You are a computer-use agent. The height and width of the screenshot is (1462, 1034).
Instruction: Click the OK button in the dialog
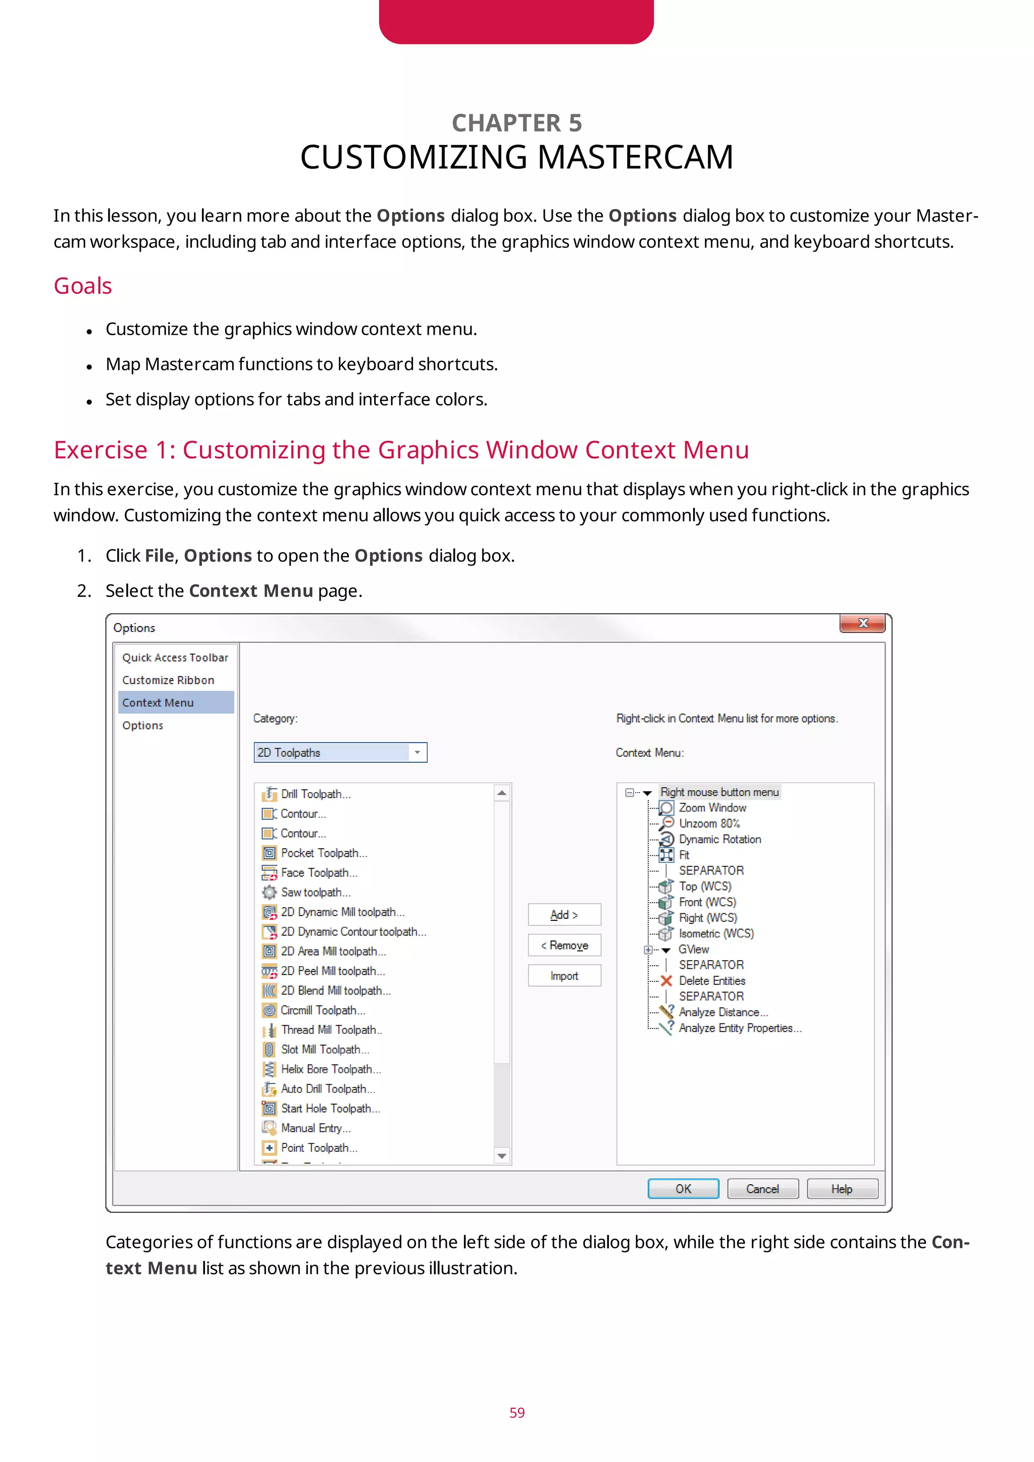click(683, 1189)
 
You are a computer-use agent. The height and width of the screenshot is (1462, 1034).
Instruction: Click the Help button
click(842, 1189)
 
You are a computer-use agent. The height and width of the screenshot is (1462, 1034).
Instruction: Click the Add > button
click(564, 914)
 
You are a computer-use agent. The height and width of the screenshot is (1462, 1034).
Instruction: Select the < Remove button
click(564, 945)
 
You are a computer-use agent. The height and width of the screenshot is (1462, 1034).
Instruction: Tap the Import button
click(564, 975)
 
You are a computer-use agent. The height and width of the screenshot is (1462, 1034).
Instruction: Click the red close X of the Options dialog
click(862, 623)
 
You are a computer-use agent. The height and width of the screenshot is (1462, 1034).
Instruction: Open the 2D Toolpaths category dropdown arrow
click(417, 752)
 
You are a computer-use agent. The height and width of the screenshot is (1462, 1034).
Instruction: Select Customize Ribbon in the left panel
click(168, 680)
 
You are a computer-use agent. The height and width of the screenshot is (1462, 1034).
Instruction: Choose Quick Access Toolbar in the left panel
click(175, 657)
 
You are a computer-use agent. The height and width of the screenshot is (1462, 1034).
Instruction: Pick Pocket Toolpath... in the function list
click(324, 853)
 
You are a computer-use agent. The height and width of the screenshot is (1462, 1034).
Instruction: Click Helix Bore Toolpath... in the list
click(331, 1069)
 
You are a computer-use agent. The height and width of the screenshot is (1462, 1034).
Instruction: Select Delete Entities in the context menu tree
click(711, 980)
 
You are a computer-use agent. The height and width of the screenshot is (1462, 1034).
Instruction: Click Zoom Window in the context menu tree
click(712, 807)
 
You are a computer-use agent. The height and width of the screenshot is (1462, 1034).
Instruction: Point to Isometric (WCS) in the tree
click(715, 933)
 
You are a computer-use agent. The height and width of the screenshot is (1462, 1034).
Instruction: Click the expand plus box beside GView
click(648, 950)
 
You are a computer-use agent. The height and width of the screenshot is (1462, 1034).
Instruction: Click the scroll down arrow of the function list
click(502, 1156)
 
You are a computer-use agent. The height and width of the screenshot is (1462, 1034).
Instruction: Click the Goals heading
click(83, 286)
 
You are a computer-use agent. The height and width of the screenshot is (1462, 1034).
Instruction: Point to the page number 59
click(517, 1413)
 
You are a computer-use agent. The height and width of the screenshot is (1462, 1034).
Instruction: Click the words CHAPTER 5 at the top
click(517, 123)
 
